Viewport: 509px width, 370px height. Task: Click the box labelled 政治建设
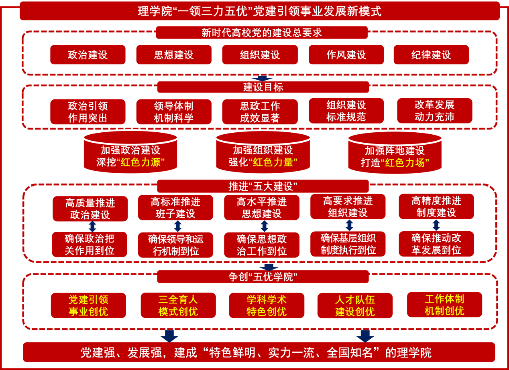[88, 55]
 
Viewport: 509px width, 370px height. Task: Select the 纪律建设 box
[431, 55]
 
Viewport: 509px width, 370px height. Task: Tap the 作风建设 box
[346, 55]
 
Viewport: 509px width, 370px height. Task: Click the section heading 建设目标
[263, 87]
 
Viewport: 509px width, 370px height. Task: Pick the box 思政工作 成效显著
[260, 112]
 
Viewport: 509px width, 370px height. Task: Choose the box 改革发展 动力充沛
[434, 111]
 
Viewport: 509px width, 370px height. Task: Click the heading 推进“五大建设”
[263, 186]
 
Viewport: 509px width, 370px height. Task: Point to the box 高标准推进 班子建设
[175, 208]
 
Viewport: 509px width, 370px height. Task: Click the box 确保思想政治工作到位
[262, 245]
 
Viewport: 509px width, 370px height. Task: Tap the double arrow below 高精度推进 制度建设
[436, 225]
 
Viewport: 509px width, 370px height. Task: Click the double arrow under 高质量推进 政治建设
[92, 226]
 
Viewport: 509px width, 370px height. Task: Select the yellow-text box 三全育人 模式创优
[178, 305]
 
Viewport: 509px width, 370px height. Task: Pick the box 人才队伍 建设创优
[355, 305]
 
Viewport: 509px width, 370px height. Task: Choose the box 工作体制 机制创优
[444, 305]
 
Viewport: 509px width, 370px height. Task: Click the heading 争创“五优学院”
[263, 277]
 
